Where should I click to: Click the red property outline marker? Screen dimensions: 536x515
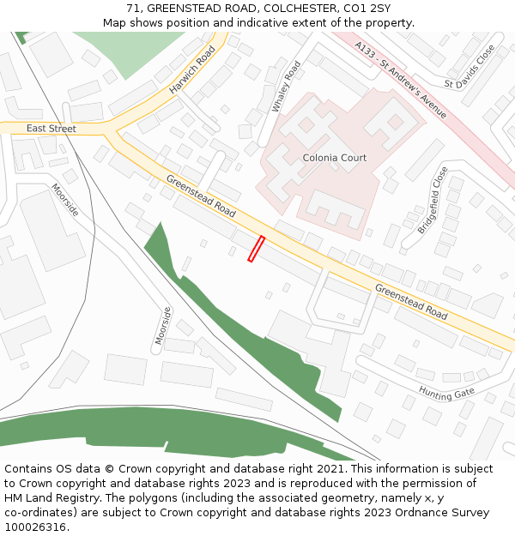coord(256,249)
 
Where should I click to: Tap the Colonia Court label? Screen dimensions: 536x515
coord(334,158)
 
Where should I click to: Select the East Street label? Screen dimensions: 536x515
coord(51,129)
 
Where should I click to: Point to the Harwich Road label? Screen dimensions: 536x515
coord(191,70)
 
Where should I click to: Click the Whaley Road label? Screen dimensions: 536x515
coord(287,87)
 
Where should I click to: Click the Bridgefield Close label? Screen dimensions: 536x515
coord(433,201)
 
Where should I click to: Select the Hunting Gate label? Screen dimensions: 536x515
coord(446,392)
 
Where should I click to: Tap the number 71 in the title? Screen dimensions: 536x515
coord(133,8)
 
